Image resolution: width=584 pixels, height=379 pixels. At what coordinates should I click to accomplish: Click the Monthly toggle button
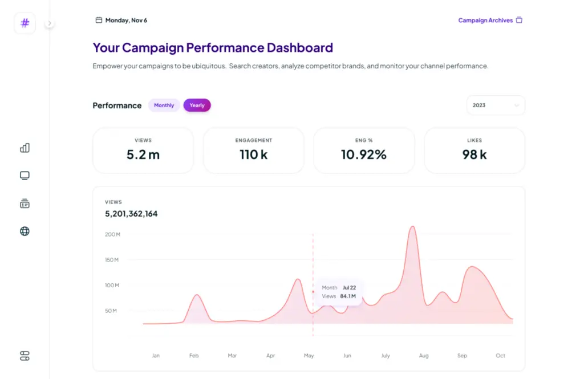coord(164,105)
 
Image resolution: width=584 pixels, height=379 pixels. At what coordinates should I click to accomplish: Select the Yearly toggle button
coord(197,105)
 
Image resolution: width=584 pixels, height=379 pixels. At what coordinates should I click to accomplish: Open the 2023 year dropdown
coord(496,105)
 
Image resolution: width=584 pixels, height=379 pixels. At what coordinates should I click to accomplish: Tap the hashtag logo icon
coord(25,23)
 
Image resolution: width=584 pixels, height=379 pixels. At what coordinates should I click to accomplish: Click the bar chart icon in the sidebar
coord(25,148)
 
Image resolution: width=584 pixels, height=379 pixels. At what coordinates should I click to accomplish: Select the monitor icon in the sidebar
coord(25,176)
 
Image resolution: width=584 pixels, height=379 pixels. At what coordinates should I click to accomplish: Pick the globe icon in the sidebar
coord(25,231)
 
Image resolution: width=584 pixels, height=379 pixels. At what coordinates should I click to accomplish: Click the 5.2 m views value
coord(143,154)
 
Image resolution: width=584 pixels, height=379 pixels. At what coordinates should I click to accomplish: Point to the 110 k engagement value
coord(253,154)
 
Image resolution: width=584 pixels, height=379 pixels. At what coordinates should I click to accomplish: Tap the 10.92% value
coord(364,154)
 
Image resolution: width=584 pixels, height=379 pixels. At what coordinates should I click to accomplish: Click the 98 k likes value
coord(474,154)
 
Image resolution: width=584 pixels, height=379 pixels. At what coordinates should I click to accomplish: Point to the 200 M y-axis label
coord(112,234)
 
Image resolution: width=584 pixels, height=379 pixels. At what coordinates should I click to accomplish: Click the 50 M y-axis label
coord(111,311)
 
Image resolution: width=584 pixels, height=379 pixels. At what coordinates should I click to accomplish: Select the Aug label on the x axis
coord(424,356)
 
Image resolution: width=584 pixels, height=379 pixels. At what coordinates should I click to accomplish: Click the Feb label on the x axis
coord(194,356)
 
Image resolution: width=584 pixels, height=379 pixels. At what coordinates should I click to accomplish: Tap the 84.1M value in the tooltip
coord(347,296)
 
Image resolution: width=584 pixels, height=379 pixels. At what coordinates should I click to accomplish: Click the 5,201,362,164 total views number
coord(131,214)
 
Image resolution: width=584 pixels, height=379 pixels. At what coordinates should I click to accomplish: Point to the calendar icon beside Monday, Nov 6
coord(99,21)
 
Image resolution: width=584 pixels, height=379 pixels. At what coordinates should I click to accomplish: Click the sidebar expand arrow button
coord(50,23)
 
